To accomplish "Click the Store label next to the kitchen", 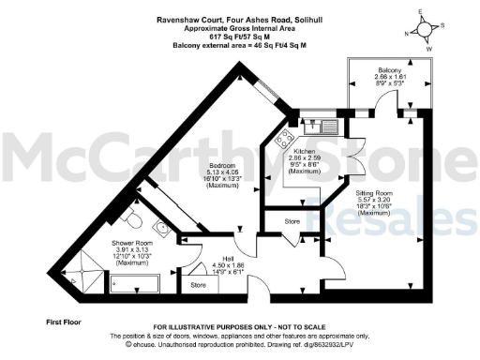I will coord(291,222).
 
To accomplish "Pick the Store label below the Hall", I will coord(197,284).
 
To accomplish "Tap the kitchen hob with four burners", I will coord(281,141).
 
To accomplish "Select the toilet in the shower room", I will coord(134,218).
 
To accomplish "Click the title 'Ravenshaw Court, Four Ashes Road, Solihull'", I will coord(214,14).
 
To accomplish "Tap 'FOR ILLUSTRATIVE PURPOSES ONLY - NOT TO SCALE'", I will coord(239,324).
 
